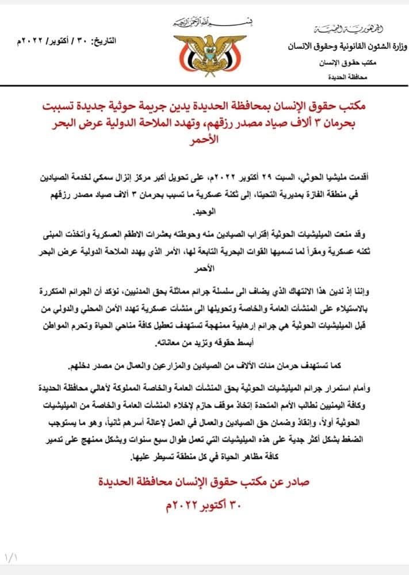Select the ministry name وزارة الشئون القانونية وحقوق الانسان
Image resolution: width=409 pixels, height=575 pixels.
click(344, 46)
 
